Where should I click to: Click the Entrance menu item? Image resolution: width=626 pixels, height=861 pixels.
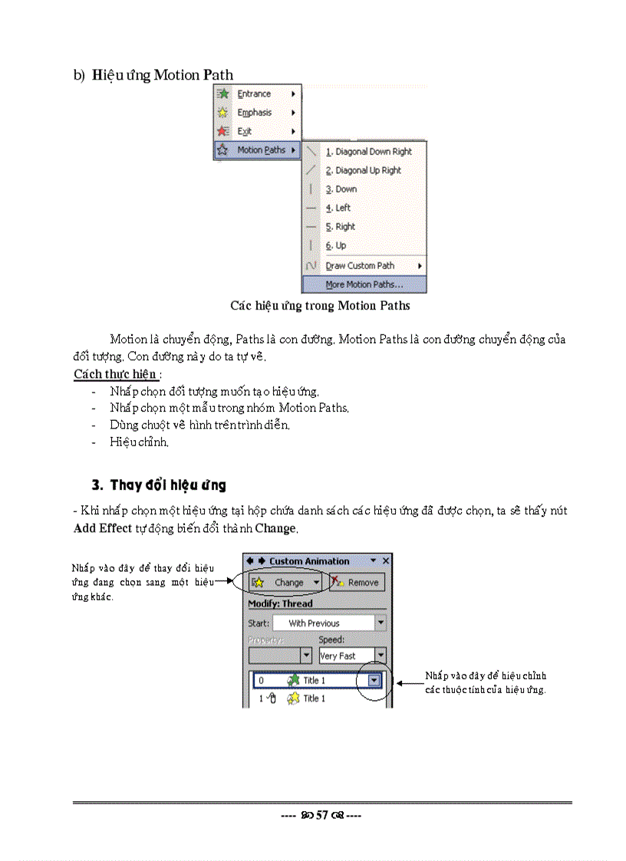[254, 94]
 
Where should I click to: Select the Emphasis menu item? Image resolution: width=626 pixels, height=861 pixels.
[255, 113]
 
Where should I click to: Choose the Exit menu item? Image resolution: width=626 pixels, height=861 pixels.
[245, 131]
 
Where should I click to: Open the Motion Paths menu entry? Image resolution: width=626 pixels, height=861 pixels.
[260, 150]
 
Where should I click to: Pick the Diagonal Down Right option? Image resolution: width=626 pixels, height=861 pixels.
[368, 152]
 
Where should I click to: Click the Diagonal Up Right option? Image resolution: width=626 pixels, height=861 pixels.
[363, 171]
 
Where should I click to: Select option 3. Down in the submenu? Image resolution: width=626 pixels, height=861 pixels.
[341, 189]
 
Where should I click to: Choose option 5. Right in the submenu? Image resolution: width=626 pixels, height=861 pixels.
[340, 227]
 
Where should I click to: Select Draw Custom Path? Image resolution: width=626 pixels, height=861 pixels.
[360, 265]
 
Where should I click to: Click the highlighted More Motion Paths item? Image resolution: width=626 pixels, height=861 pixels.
[364, 284]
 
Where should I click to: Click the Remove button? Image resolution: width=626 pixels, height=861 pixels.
[357, 583]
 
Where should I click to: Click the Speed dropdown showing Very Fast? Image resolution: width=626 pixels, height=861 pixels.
[352, 656]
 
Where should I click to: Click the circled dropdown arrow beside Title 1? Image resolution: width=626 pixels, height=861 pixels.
[374, 680]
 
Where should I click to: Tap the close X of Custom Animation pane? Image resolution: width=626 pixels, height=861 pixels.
[386, 561]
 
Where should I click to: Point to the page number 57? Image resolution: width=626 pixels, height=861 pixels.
[322, 815]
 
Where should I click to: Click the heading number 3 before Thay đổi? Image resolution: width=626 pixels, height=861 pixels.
[97, 485]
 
